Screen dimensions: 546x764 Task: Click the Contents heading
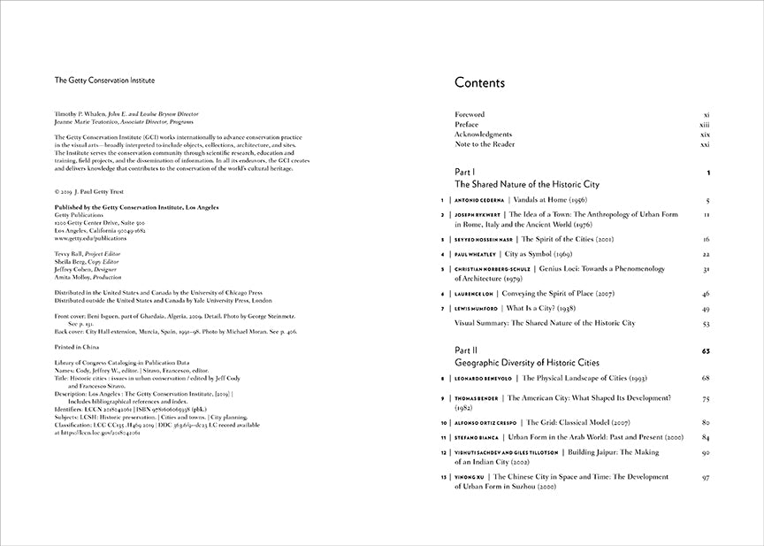coord(479,83)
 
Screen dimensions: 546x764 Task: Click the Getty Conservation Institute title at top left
coord(104,80)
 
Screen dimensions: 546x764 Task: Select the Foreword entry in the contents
coord(470,115)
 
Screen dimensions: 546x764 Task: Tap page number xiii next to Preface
coord(706,125)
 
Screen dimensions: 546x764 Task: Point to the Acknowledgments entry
coord(483,135)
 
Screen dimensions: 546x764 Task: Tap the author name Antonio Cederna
coord(474,201)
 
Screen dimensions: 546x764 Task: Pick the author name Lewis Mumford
coord(475,309)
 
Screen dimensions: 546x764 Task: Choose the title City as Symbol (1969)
coord(544,254)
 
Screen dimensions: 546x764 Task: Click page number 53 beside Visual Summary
coord(706,323)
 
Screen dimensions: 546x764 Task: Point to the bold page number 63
coord(706,350)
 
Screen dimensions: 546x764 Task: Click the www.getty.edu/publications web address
coord(90,238)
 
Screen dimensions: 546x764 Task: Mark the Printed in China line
coord(78,348)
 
